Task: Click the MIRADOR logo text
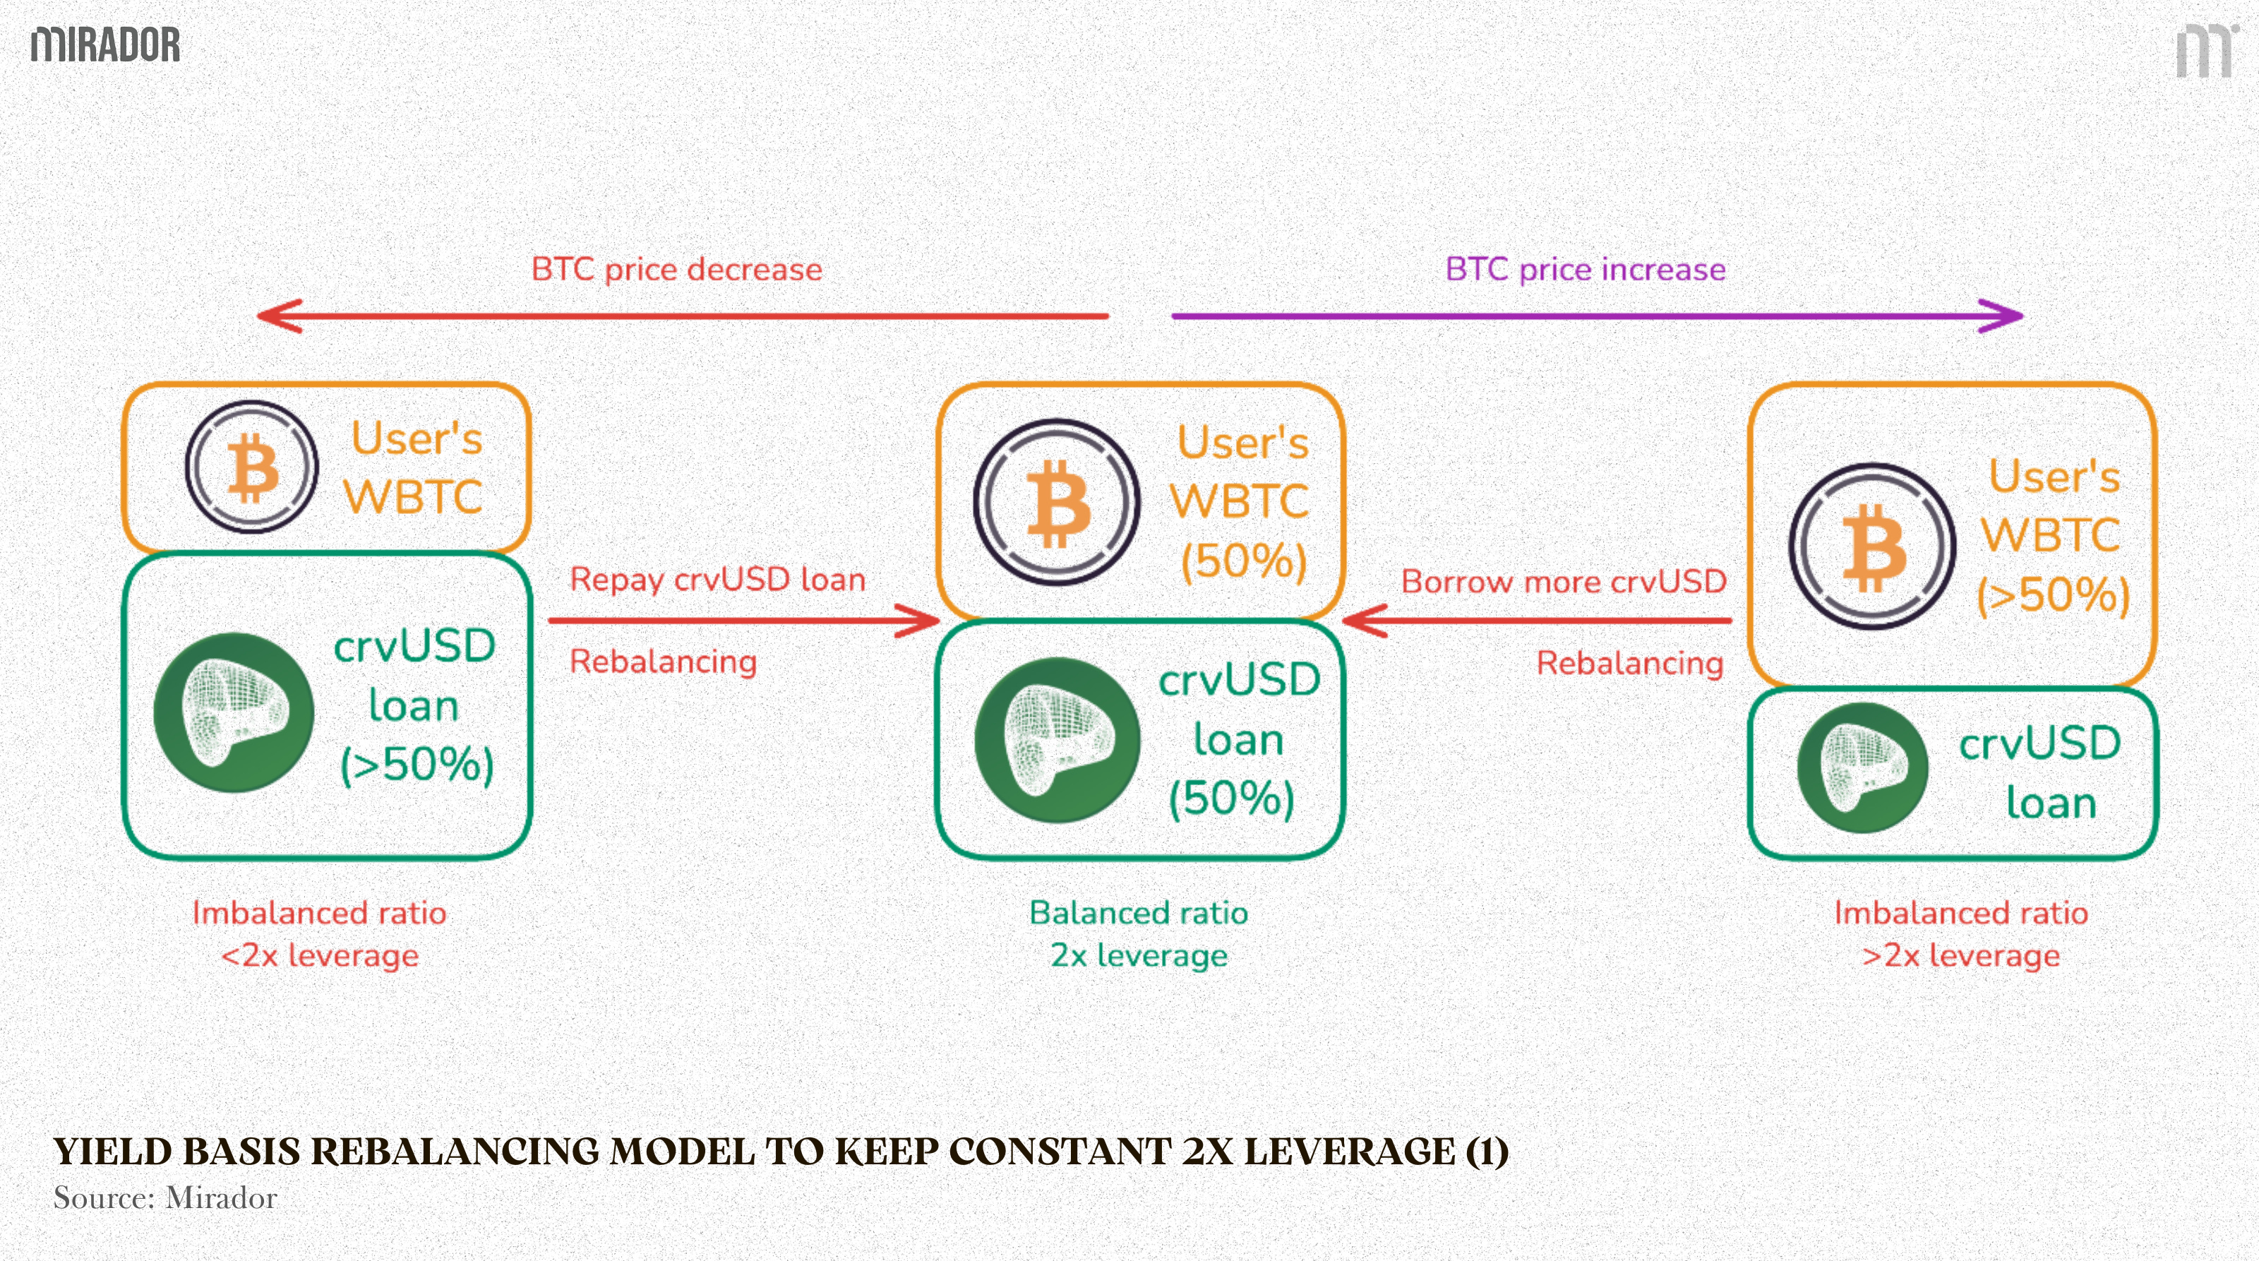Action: click(105, 44)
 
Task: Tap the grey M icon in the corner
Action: click(2205, 52)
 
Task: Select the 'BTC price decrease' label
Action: click(676, 269)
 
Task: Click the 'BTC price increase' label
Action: click(1585, 269)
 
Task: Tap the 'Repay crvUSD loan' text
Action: click(717, 580)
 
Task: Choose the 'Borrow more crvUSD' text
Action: click(1564, 581)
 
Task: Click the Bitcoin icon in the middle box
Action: click(1057, 503)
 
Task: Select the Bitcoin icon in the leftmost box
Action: click(252, 467)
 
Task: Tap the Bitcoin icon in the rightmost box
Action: click(1872, 546)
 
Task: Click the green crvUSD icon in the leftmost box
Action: click(233, 712)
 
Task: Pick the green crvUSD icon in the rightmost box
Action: click(1862, 767)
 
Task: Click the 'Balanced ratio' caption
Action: click(1138, 913)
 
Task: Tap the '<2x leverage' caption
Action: click(319, 955)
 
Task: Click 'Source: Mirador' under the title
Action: click(165, 1198)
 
